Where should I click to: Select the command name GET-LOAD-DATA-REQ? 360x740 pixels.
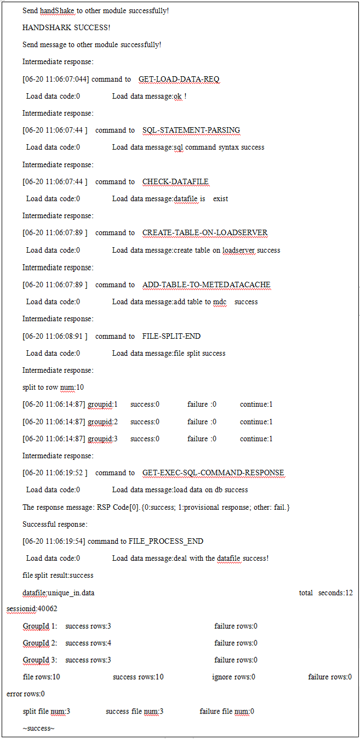[x=179, y=79]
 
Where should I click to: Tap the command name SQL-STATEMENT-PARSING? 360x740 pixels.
[x=191, y=130]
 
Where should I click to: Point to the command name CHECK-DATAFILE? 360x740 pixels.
[x=175, y=181]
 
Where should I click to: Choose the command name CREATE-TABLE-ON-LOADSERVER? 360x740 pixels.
[x=205, y=232]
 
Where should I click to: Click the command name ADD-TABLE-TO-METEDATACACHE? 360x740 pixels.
[x=206, y=284]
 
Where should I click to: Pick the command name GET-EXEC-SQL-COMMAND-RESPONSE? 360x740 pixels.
[x=213, y=473]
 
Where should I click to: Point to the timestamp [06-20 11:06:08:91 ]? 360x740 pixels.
[x=55, y=336]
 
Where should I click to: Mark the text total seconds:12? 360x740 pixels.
[x=325, y=593]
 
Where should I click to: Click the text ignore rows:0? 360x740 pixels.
[x=233, y=677]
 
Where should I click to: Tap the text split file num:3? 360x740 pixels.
[x=46, y=711]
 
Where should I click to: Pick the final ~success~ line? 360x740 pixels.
[x=38, y=728]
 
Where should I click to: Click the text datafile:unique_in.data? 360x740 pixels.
[x=58, y=593]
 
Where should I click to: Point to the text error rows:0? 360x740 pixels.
[x=26, y=693]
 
